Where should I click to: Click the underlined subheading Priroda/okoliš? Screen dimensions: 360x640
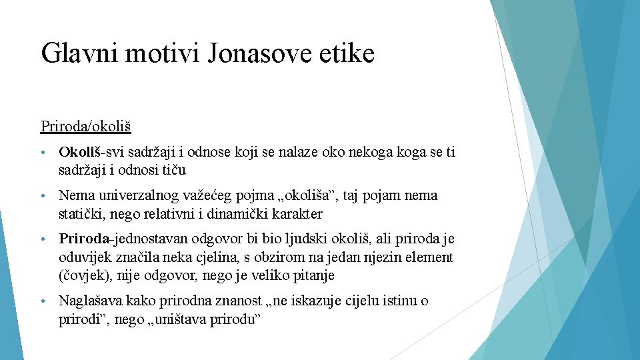pos(85,125)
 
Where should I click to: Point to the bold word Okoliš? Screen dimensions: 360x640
pos(79,153)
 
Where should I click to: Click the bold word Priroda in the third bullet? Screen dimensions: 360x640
pos(83,239)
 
